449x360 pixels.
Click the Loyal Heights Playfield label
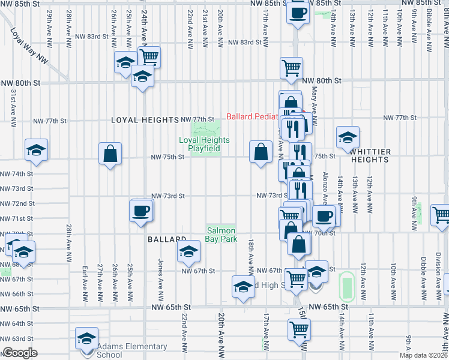pos(204,144)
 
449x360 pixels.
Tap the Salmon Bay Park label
pos(221,235)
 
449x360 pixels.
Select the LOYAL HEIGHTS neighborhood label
pos(145,120)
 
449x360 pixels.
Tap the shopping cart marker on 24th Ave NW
pos(148,57)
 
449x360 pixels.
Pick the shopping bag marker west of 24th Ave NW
pos(110,154)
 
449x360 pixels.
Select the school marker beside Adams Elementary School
pos(86,338)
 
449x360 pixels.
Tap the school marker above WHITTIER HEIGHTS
pos(348,137)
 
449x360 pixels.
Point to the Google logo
pos(19,353)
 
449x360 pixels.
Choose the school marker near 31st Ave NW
pos(35,150)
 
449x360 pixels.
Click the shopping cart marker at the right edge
pos(441,215)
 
